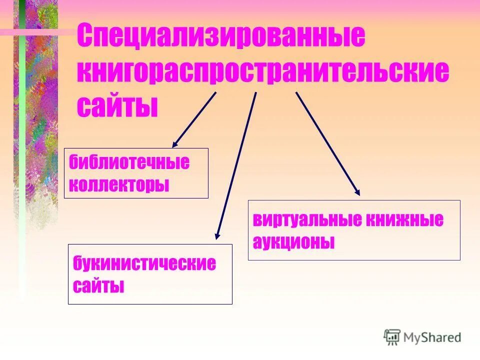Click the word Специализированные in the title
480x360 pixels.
click(x=220, y=36)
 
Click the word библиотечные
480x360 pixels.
click(x=129, y=162)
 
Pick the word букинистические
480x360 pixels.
click(x=144, y=263)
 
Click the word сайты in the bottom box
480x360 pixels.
click(x=98, y=286)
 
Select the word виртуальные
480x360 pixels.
click(x=308, y=220)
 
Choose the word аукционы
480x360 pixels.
click(x=293, y=242)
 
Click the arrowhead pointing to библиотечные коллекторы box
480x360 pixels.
click(x=174, y=144)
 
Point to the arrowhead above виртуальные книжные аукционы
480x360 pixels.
click(x=357, y=191)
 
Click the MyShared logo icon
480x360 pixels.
click(x=392, y=337)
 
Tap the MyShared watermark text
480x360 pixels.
click(x=433, y=337)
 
